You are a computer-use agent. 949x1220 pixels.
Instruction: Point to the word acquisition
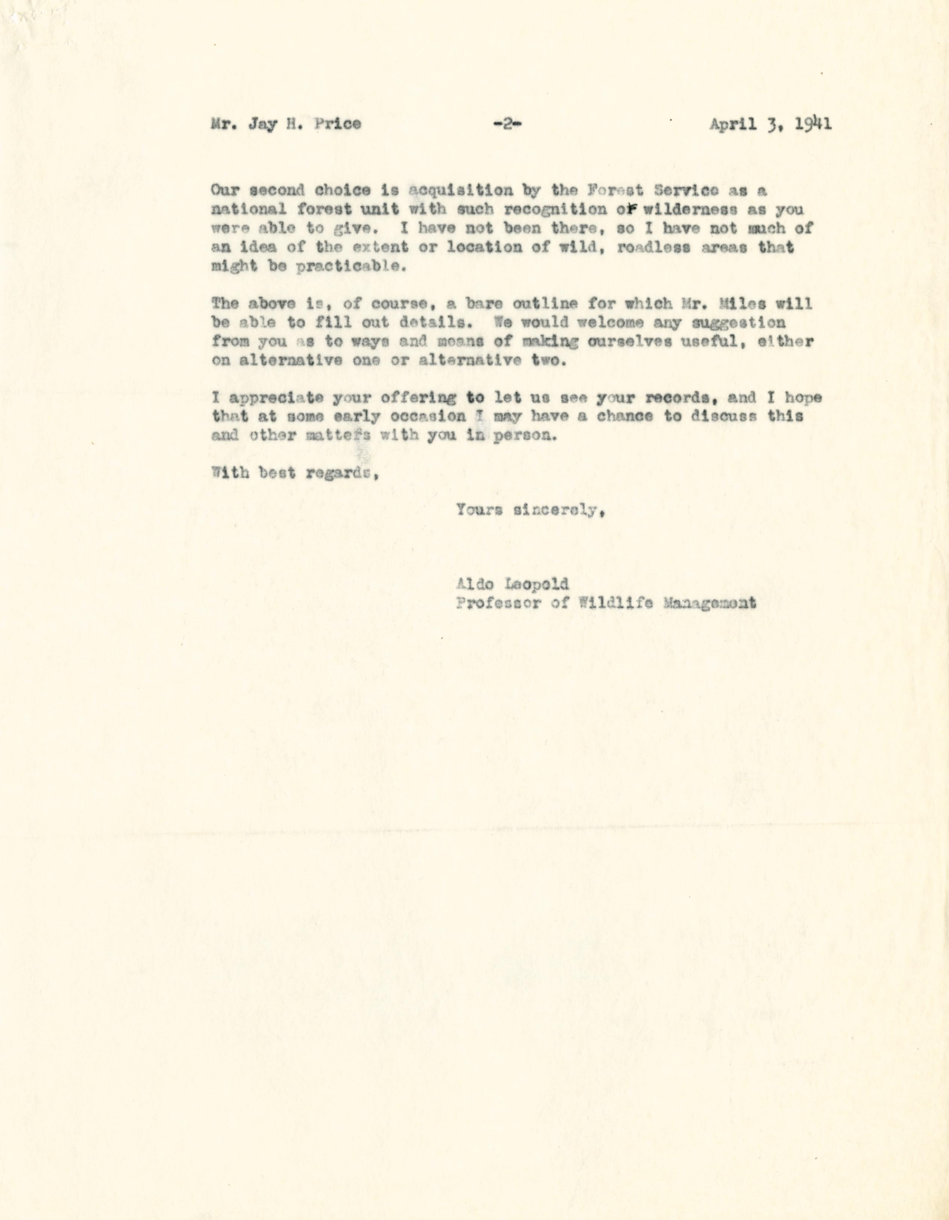[461, 191]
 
